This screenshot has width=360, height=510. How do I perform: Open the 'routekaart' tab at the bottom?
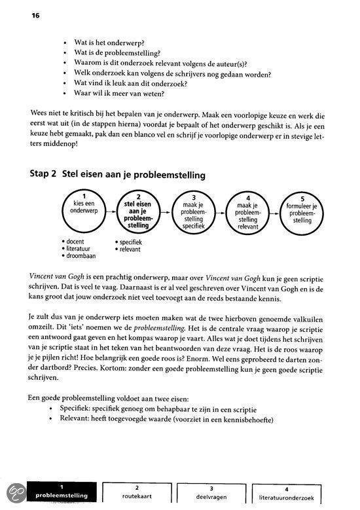(x=137, y=492)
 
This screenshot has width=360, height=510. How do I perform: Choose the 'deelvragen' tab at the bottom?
(x=211, y=492)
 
